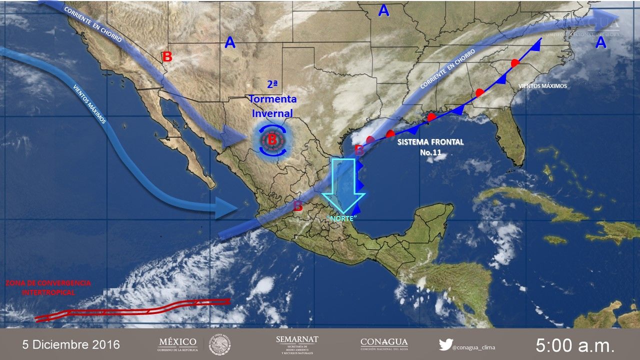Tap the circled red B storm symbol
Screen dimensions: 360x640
click(x=272, y=139)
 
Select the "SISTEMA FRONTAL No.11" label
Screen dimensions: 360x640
click(x=430, y=147)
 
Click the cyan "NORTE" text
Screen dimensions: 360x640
click(x=341, y=218)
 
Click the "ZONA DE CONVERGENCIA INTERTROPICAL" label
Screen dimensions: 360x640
click(x=48, y=287)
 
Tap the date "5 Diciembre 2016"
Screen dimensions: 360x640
click(x=71, y=344)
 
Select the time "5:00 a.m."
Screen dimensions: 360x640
click(x=575, y=344)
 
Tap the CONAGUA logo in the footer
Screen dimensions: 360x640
click(x=384, y=343)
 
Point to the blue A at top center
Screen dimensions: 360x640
click(x=383, y=10)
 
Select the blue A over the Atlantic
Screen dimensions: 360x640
click(x=600, y=43)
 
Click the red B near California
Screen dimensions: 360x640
click(x=167, y=56)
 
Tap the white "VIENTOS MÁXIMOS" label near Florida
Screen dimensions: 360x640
click(x=542, y=86)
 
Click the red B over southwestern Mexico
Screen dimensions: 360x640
click(x=298, y=206)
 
